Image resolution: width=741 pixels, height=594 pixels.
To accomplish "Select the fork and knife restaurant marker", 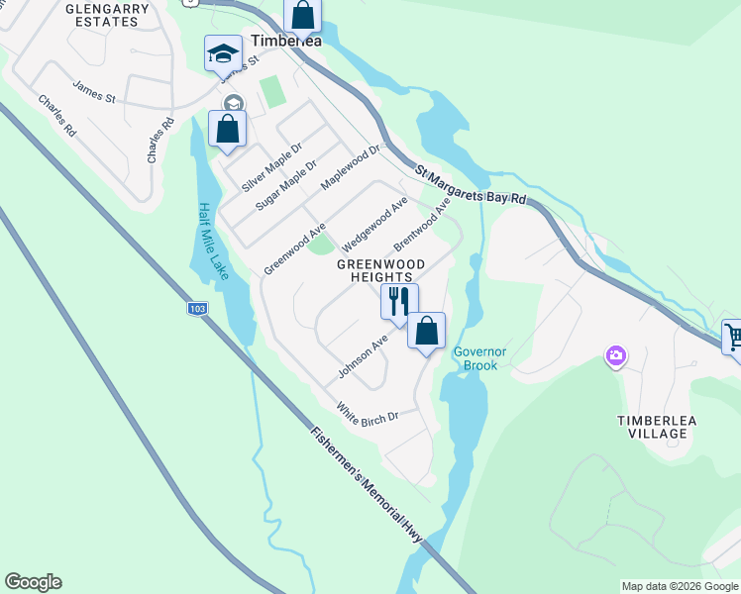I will pyautogui.click(x=399, y=301).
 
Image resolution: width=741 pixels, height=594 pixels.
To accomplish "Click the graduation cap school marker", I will pyautogui.click(x=223, y=53).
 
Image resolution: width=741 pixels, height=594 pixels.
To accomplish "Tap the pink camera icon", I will pyautogui.click(x=616, y=355).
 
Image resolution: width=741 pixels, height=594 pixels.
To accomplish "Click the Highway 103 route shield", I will pyautogui.click(x=198, y=310).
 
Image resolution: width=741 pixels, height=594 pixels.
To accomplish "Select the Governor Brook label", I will pyautogui.click(x=480, y=357).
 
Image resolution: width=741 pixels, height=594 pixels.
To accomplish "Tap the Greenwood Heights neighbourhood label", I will pyautogui.click(x=380, y=270).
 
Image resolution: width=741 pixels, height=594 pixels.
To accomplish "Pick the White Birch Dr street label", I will pyautogui.click(x=367, y=410).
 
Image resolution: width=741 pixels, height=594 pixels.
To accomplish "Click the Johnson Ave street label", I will pyautogui.click(x=363, y=356).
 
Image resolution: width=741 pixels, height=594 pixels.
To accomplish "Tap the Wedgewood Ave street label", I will pyautogui.click(x=374, y=223).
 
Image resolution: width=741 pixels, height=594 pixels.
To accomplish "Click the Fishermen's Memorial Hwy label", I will pyautogui.click(x=366, y=483).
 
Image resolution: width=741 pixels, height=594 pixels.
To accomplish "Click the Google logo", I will pyautogui.click(x=33, y=582).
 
